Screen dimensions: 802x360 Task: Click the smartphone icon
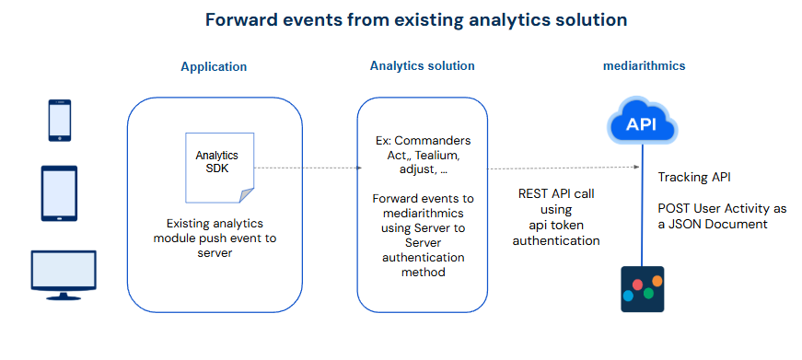pos(59,121)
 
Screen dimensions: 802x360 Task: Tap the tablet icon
pos(59,193)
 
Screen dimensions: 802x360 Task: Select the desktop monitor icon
pos(64,275)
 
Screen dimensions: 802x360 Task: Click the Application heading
pos(214,67)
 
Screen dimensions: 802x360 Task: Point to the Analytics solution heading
pos(423,66)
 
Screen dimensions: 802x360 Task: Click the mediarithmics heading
pos(644,66)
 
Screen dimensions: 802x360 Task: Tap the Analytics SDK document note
pos(220,168)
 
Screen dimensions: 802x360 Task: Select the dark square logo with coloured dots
pos(643,289)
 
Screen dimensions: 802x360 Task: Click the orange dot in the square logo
pos(657,281)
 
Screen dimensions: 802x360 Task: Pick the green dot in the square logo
pos(648,293)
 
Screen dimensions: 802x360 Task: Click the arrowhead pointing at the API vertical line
pos(636,167)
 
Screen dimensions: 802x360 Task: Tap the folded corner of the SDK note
pos(247,195)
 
